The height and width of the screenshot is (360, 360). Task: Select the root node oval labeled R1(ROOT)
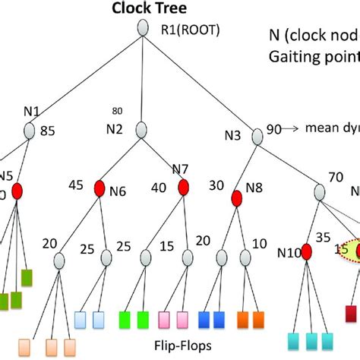click(x=142, y=29)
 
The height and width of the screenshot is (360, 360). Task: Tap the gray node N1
click(x=29, y=131)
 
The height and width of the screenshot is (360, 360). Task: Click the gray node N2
click(x=141, y=129)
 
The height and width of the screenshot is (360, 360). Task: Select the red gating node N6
click(x=99, y=188)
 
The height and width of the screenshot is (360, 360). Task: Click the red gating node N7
click(x=182, y=188)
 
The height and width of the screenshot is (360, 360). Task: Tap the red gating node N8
click(x=236, y=198)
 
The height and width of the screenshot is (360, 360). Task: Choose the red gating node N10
click(x=306, y=251)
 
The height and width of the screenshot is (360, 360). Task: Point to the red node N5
click(x=16, y=191)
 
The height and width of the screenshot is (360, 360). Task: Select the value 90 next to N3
click(x=276, y=130)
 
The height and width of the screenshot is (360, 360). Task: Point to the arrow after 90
click(x=295, y=129)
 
